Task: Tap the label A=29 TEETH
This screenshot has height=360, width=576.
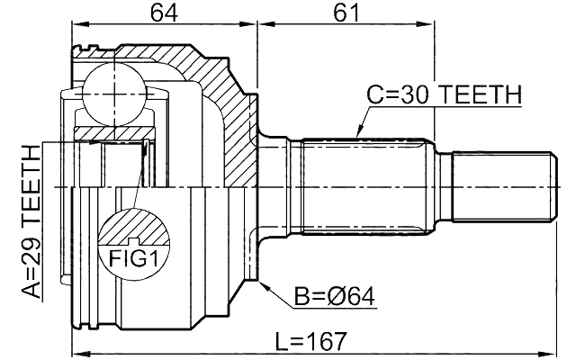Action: click(x=31, y=220)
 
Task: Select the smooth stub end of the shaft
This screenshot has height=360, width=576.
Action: click(x=500, y=186)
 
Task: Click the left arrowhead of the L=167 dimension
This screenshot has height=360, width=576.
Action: click(x=76, y=353)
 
